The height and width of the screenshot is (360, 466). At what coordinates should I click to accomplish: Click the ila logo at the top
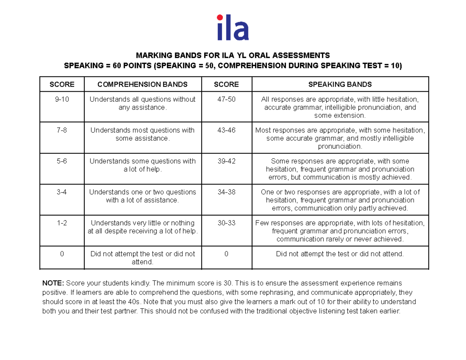point(233,28)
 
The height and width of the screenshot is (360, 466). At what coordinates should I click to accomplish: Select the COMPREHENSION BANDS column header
point(143,84)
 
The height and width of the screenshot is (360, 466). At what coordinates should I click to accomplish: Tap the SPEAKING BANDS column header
point(340,84)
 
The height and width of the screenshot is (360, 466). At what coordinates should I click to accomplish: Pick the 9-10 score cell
point(62,99)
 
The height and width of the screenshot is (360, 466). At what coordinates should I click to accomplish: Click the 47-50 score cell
point(226,99)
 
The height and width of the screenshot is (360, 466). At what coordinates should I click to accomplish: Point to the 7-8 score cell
point(62,130)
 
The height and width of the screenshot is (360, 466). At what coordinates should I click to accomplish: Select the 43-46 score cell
point(226,130)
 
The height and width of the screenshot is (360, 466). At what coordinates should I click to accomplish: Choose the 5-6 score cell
point(62,161)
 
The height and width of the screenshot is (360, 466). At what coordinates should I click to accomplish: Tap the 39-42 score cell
point(226,161)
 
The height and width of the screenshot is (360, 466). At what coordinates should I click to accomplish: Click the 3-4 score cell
point(62,192)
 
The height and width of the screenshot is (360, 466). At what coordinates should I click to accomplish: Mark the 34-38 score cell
point(226,192)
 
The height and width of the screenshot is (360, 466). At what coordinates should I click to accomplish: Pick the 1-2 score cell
point(62,223)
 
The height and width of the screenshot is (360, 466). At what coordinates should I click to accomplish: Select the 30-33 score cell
point(226,223)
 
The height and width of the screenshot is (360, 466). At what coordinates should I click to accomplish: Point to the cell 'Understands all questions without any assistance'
point(143,103)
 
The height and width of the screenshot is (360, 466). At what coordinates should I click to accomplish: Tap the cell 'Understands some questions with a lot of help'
point(143,165)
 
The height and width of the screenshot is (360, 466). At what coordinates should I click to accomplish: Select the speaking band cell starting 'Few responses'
point(340,231)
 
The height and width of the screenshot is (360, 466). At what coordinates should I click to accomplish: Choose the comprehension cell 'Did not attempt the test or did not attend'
point(143,258)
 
